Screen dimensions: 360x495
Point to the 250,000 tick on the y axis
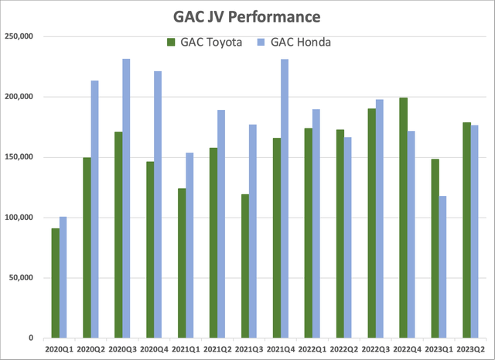click(x=22, y=36)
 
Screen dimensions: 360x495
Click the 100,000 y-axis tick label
click(x=22, y=218)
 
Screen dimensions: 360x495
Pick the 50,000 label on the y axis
click(x=24, y=278)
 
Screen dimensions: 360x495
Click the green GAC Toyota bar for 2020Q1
click(x=55, y=283)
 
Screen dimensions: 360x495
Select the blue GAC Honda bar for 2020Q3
click(x=126, y=198)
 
